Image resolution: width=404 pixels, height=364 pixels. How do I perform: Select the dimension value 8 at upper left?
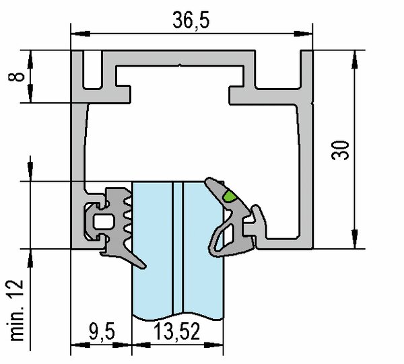[x=21, y=75]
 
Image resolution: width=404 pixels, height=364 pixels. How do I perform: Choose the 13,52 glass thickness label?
[x=177, y=331]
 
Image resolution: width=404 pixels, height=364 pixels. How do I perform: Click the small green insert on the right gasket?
[x=229, y=196]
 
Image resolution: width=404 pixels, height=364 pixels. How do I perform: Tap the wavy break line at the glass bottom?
[x=176, y=314]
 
